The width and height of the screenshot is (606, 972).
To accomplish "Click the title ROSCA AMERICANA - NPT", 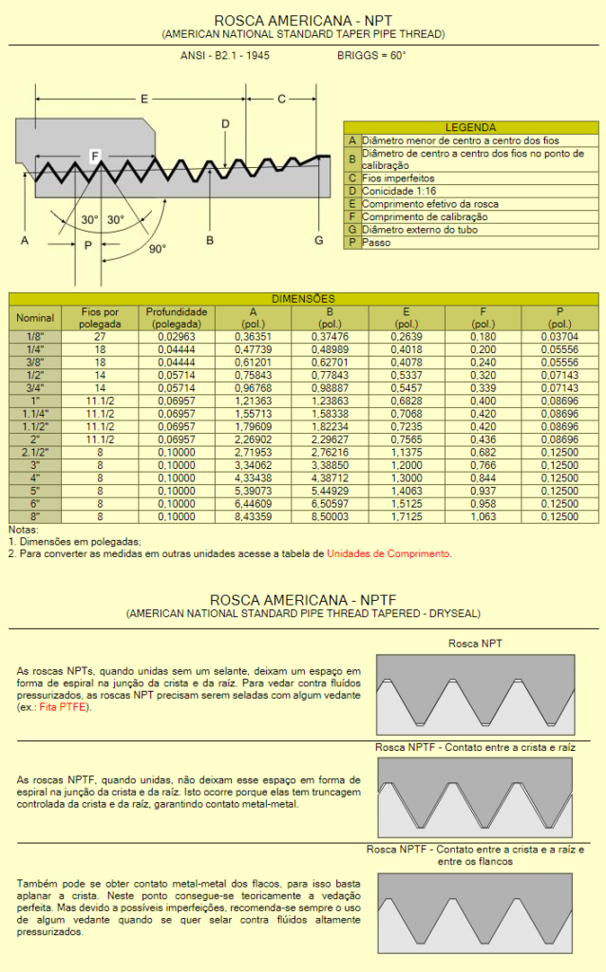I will pyautogui.click(x=303, y=20).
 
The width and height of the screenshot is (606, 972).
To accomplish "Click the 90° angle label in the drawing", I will pyautogui.click(x=158, y=249).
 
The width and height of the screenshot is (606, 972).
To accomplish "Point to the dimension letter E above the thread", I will pyautogui.click(x=144, y=99).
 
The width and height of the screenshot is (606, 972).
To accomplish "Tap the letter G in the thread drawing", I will pyautogui.click(x=319, y=241).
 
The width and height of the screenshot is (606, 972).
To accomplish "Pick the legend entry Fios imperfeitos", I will pyautogui.click(x=398, y=178).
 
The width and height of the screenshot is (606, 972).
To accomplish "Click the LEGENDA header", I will pyautogui.click(x=470, y=127).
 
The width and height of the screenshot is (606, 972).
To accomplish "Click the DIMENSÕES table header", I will pyautogui.click(x=303, y=298).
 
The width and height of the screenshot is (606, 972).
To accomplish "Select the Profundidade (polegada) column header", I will pyautogui.click(x=176, y=317).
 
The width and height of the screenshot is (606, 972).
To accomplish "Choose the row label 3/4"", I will pyautogui.click(x=35, y=389).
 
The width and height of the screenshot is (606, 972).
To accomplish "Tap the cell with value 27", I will pyautogui.click(x=100, y=336).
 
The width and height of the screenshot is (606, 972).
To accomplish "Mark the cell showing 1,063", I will pyautogui.click(x=483, y=516).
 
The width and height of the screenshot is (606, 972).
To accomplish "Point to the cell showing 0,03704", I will pyautogui.click(x=559, y=336).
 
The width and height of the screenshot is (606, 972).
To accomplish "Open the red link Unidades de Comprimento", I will pyautogui.click(x=388, y=553).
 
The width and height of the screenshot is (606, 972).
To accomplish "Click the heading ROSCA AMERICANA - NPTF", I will pyautogui.click(x=303, y=601).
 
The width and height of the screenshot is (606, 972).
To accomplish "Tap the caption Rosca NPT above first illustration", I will pyautogui.click(x=475, y=644).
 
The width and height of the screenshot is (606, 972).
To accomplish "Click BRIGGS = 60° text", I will pyautogui.click(x=371, y=56).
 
